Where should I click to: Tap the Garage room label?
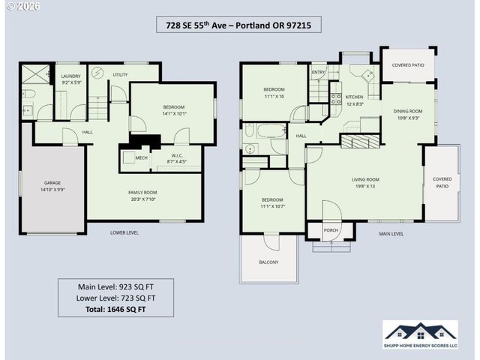point(52,186)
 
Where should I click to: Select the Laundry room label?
point(70,79)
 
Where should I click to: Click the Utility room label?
point(120,75)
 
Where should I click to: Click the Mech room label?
point(141,157)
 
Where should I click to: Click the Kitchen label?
point(353,100)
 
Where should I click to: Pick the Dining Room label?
point(408,114)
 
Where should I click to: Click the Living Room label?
point(365,182)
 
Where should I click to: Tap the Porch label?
point(331,230)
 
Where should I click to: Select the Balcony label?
point(268,262)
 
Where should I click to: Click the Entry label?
point(318,73)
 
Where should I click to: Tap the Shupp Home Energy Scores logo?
point(420,334)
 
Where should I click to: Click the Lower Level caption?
point(124,232)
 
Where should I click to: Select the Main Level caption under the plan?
point(391,233)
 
